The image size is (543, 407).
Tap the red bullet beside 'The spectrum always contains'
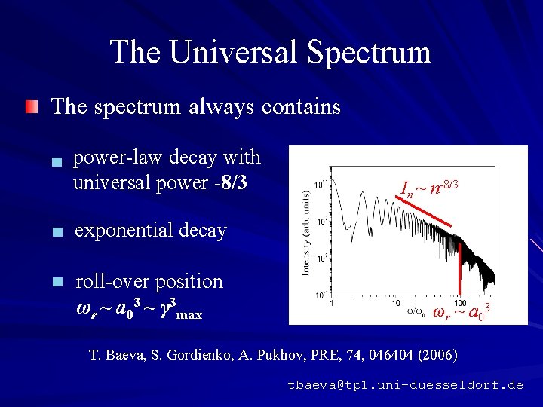[x=30, y=107]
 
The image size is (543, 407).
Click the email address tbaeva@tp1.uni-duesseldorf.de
[x=405, y=385]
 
